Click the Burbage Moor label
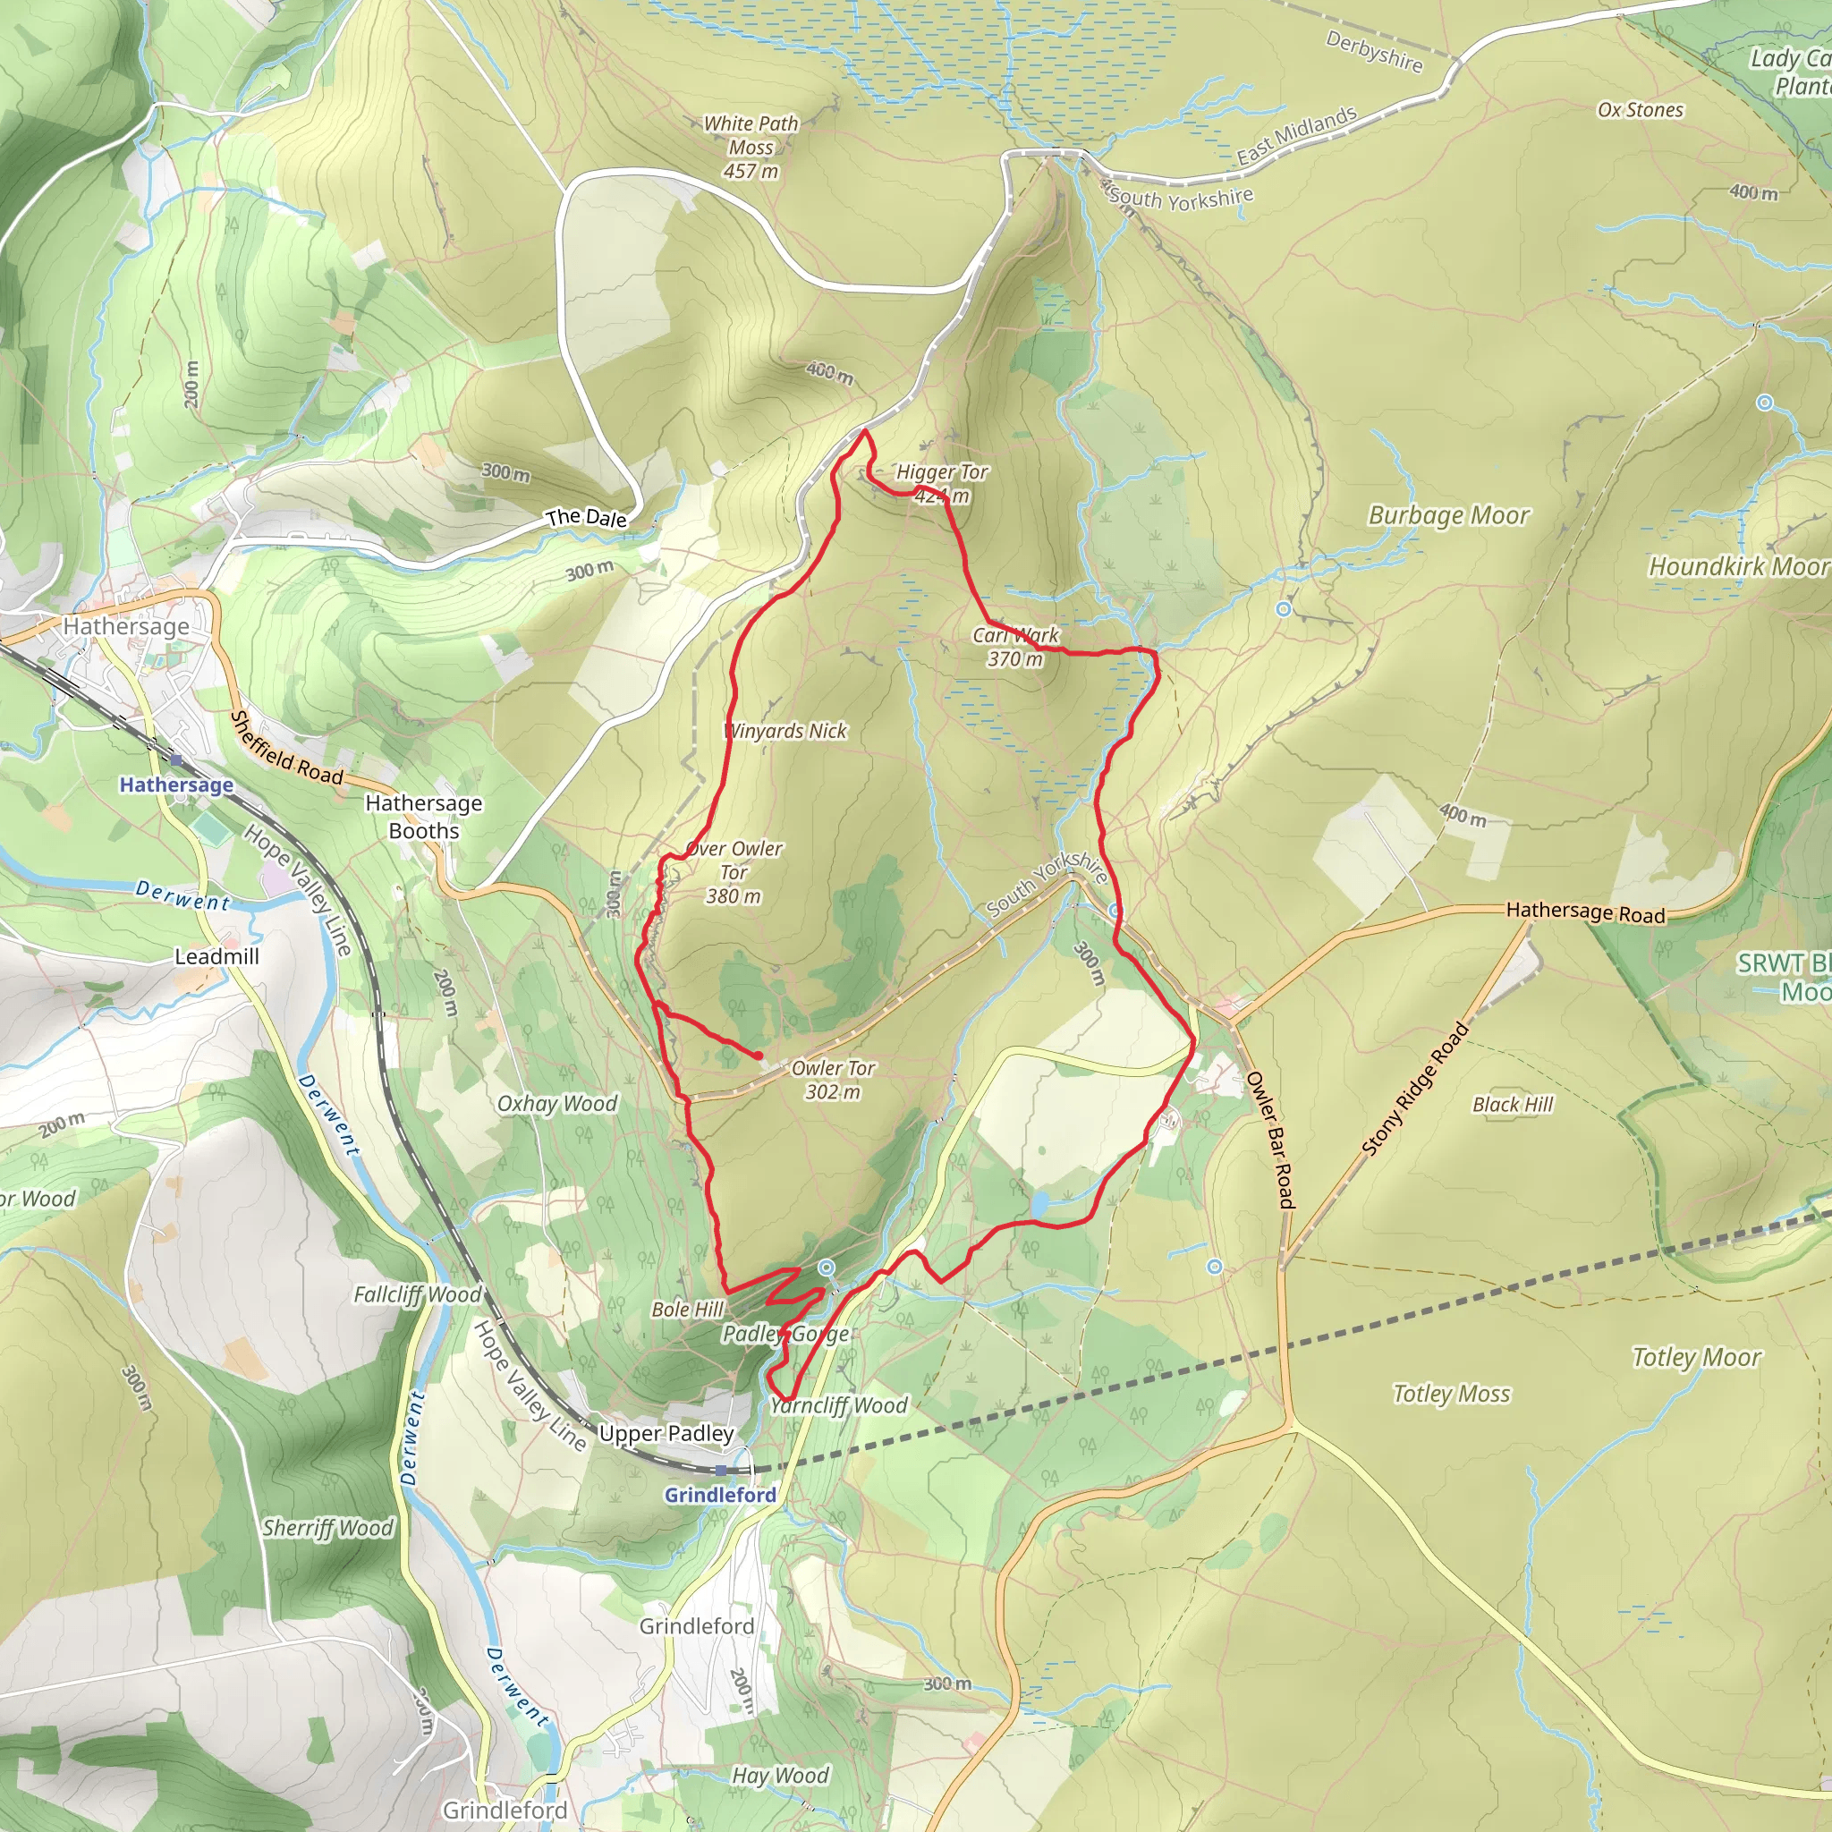[1448, 516]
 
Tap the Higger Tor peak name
[942, 472]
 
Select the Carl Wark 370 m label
[1015, 647]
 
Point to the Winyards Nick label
[785, 731]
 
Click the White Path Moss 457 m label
[751, 147]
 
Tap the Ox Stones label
[1641, 110]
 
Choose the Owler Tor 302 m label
[833, 1079]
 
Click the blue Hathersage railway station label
[176, 785]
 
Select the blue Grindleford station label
[720, 1495]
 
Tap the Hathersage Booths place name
[424, 817]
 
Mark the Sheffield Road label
[287, 748]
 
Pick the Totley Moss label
[1451, 1394]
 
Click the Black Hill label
[1513, 1105]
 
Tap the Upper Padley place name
[666, 1433]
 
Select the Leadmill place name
[216, 956]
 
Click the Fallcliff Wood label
[417, 1294]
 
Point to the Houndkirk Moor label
[1738, 567]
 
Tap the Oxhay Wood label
[556, 1104]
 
